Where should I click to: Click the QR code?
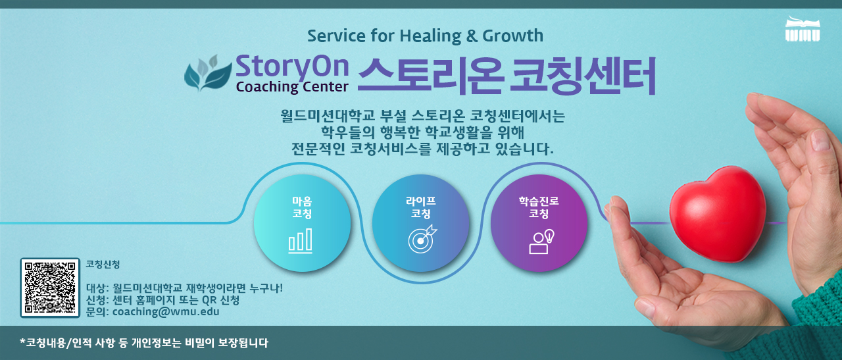(50, 288)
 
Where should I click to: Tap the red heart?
(718, 214)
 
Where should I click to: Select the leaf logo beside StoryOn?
(208, 73)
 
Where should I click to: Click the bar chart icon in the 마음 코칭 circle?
(300, 241)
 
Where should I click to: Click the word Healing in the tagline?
(430, 36)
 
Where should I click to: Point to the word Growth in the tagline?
(512, 36)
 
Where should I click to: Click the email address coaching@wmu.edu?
(166, 312)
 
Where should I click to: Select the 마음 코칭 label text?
(302, 207)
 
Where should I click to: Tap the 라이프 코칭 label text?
(420, 207)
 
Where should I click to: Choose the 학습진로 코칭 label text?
(539, 207)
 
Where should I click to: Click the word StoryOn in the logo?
(292, 67)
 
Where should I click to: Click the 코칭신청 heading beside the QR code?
(103, 264)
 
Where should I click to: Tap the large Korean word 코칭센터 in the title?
(583, 75)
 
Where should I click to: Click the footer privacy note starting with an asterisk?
(144, 343)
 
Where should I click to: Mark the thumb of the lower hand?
(624, 226)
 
